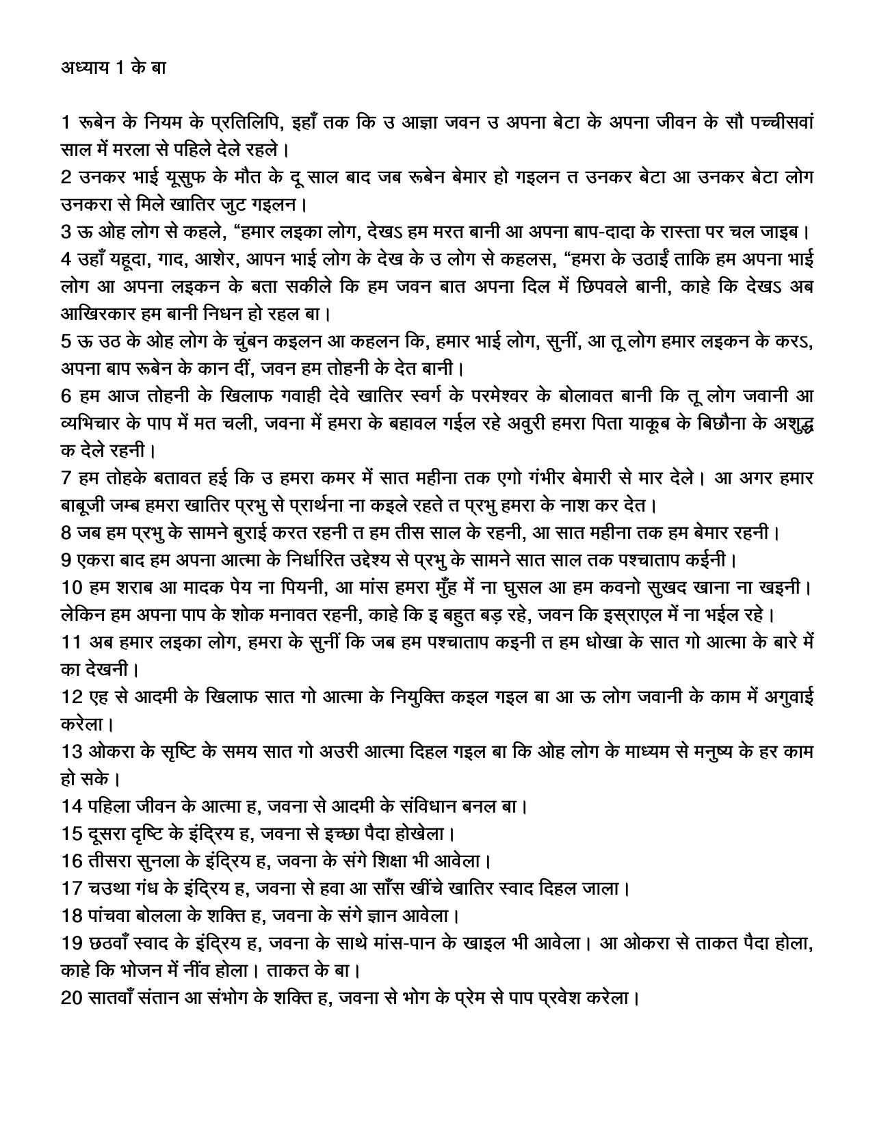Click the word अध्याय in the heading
click(83, 68)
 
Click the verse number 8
click(66, 531)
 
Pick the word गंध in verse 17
click(144, 888)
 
